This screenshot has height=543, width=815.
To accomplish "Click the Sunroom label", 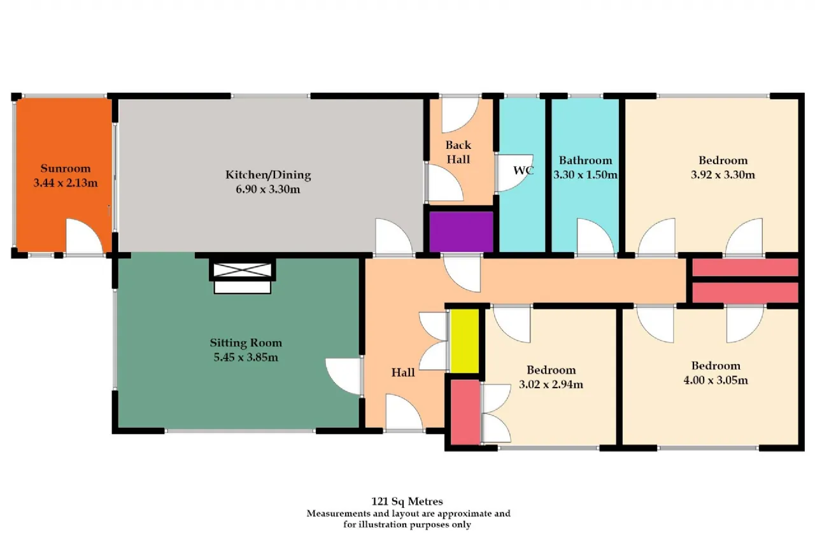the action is pyautogui.click(x=66, y=169).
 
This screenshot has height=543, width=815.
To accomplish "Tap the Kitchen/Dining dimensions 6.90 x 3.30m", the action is pyautogui.click(x=268, y=189).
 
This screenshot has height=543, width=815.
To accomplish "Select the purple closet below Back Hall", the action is pyautogui.click(x=461, y=231).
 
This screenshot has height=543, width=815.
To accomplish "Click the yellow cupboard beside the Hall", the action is pyautogui.click(x=465, y=341).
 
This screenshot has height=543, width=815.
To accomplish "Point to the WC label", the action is pyautogui.click(x=523, y=170).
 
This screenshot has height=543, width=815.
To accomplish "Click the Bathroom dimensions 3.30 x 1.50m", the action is pyautogui.click(x=585, y=175).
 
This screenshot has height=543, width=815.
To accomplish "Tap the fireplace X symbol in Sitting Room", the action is pyautogui.click(x=242, y=270).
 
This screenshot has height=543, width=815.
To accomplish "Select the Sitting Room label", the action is pyautogui.click(x=246, y=342).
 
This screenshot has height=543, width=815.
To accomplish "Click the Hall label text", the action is pyautogui.click(x=403, y=372).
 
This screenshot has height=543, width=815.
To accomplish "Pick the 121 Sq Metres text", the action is pyautogui.click(x=407, y=501).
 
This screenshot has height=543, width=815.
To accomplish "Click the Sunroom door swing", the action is pyautogui.click(x=84, y=236).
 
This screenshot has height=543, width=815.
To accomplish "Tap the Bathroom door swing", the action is pyautogui.click(x=595, y=236).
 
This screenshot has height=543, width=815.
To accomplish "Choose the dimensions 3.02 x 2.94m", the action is pyautogui.click(x=551, y=384).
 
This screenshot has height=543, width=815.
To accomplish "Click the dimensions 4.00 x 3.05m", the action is pyautogui.click(x=716, y=380).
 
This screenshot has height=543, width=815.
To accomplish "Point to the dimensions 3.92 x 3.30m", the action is pyautogui.click(x=723, y=175).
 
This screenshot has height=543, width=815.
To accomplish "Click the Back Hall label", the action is pyautogui.click(x=458, y=152).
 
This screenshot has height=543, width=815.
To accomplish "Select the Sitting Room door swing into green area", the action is pyautogui.click(x=343, y=376).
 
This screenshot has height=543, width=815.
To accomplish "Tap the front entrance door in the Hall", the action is pyautogui.click(x=404, y=412).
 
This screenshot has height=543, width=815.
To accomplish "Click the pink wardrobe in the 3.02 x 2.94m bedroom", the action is pyautogui.click(x=465, y=412).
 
